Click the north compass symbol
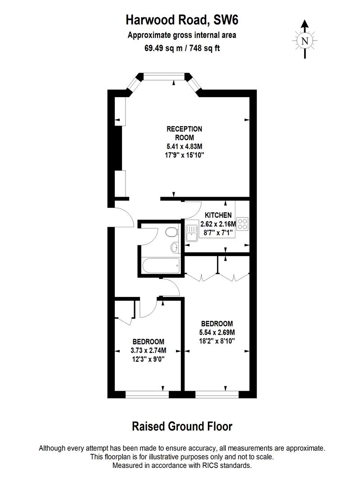[x=305, y=40]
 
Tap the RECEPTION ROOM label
[x=184, y=133]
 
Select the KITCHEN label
[x=218, y=215]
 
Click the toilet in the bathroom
[x=171, y=232]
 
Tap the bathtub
[x=161, y=266]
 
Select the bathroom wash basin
[x=175, y=247]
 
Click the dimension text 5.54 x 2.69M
[x=217, y=332]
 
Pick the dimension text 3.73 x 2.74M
[x=148, y=350]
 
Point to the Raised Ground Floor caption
[x=182, y=426]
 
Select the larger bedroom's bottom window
[x=217, y=394]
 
